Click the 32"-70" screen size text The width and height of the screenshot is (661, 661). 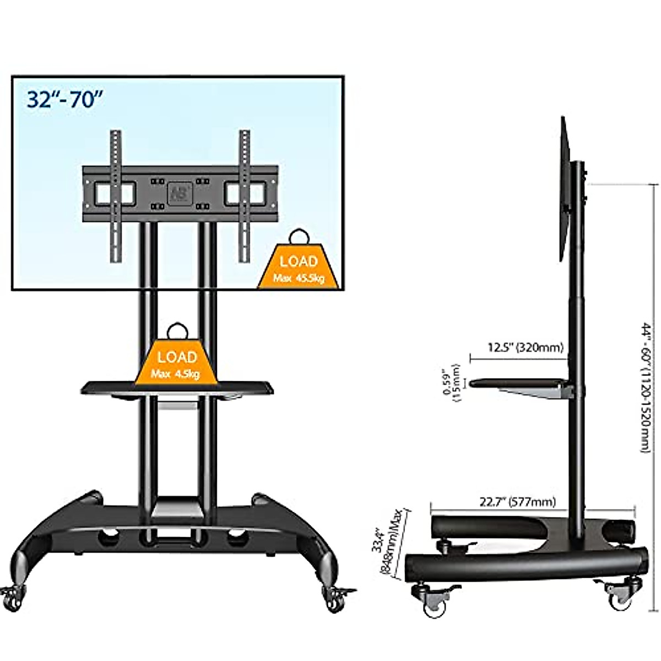(x=64, y=100)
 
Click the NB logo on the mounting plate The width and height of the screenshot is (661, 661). (x=177, y=192)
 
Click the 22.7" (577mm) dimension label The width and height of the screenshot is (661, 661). (x=517, y=502)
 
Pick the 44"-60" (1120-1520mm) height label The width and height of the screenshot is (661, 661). (x=647, y=388)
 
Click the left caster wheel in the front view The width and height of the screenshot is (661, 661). (x=14, y=597)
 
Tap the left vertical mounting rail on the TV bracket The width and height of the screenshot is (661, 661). (x=115, y=196)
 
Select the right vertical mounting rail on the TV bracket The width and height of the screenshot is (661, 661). (x=244, y=196)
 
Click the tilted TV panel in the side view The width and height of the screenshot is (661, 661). (x=565, y=187)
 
